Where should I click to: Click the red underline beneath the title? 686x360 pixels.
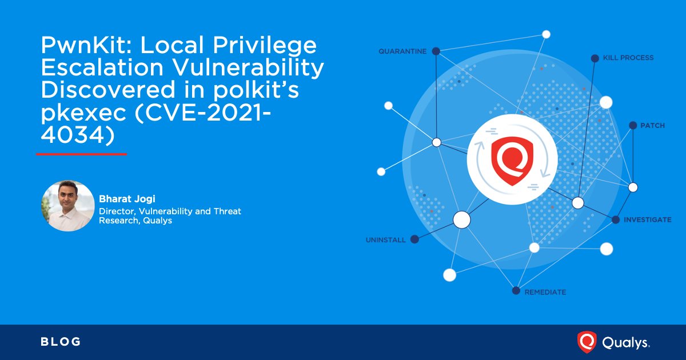pyautogui.click(x=81, y=154)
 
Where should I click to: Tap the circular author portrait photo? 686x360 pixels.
pyautogui.click(x=68, y=206)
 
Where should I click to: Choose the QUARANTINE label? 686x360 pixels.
pyautogui.click(x=402, y=51)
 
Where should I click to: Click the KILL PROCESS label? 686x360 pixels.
pyautogui.click(x=628, y=58)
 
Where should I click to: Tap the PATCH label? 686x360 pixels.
pyautogui.click(x=652, y=125)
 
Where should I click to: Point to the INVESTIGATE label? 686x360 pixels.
pyautogui.click(x=647, y=219)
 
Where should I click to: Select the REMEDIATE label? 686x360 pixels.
pyautogui.click(x=545, y=292)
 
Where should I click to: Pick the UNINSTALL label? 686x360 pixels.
pyautogui.click(x=385, y=240)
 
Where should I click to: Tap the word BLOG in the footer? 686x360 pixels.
pyautogui.click(x=61, y=342)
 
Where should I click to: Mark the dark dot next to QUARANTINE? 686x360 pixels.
pyautogui.click(x=436, y=51)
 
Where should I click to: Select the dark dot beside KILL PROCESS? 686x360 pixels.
pyautogui.click(x=595, y=58)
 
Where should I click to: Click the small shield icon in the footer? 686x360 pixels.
pyautogui.click(x=586, y=342)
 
